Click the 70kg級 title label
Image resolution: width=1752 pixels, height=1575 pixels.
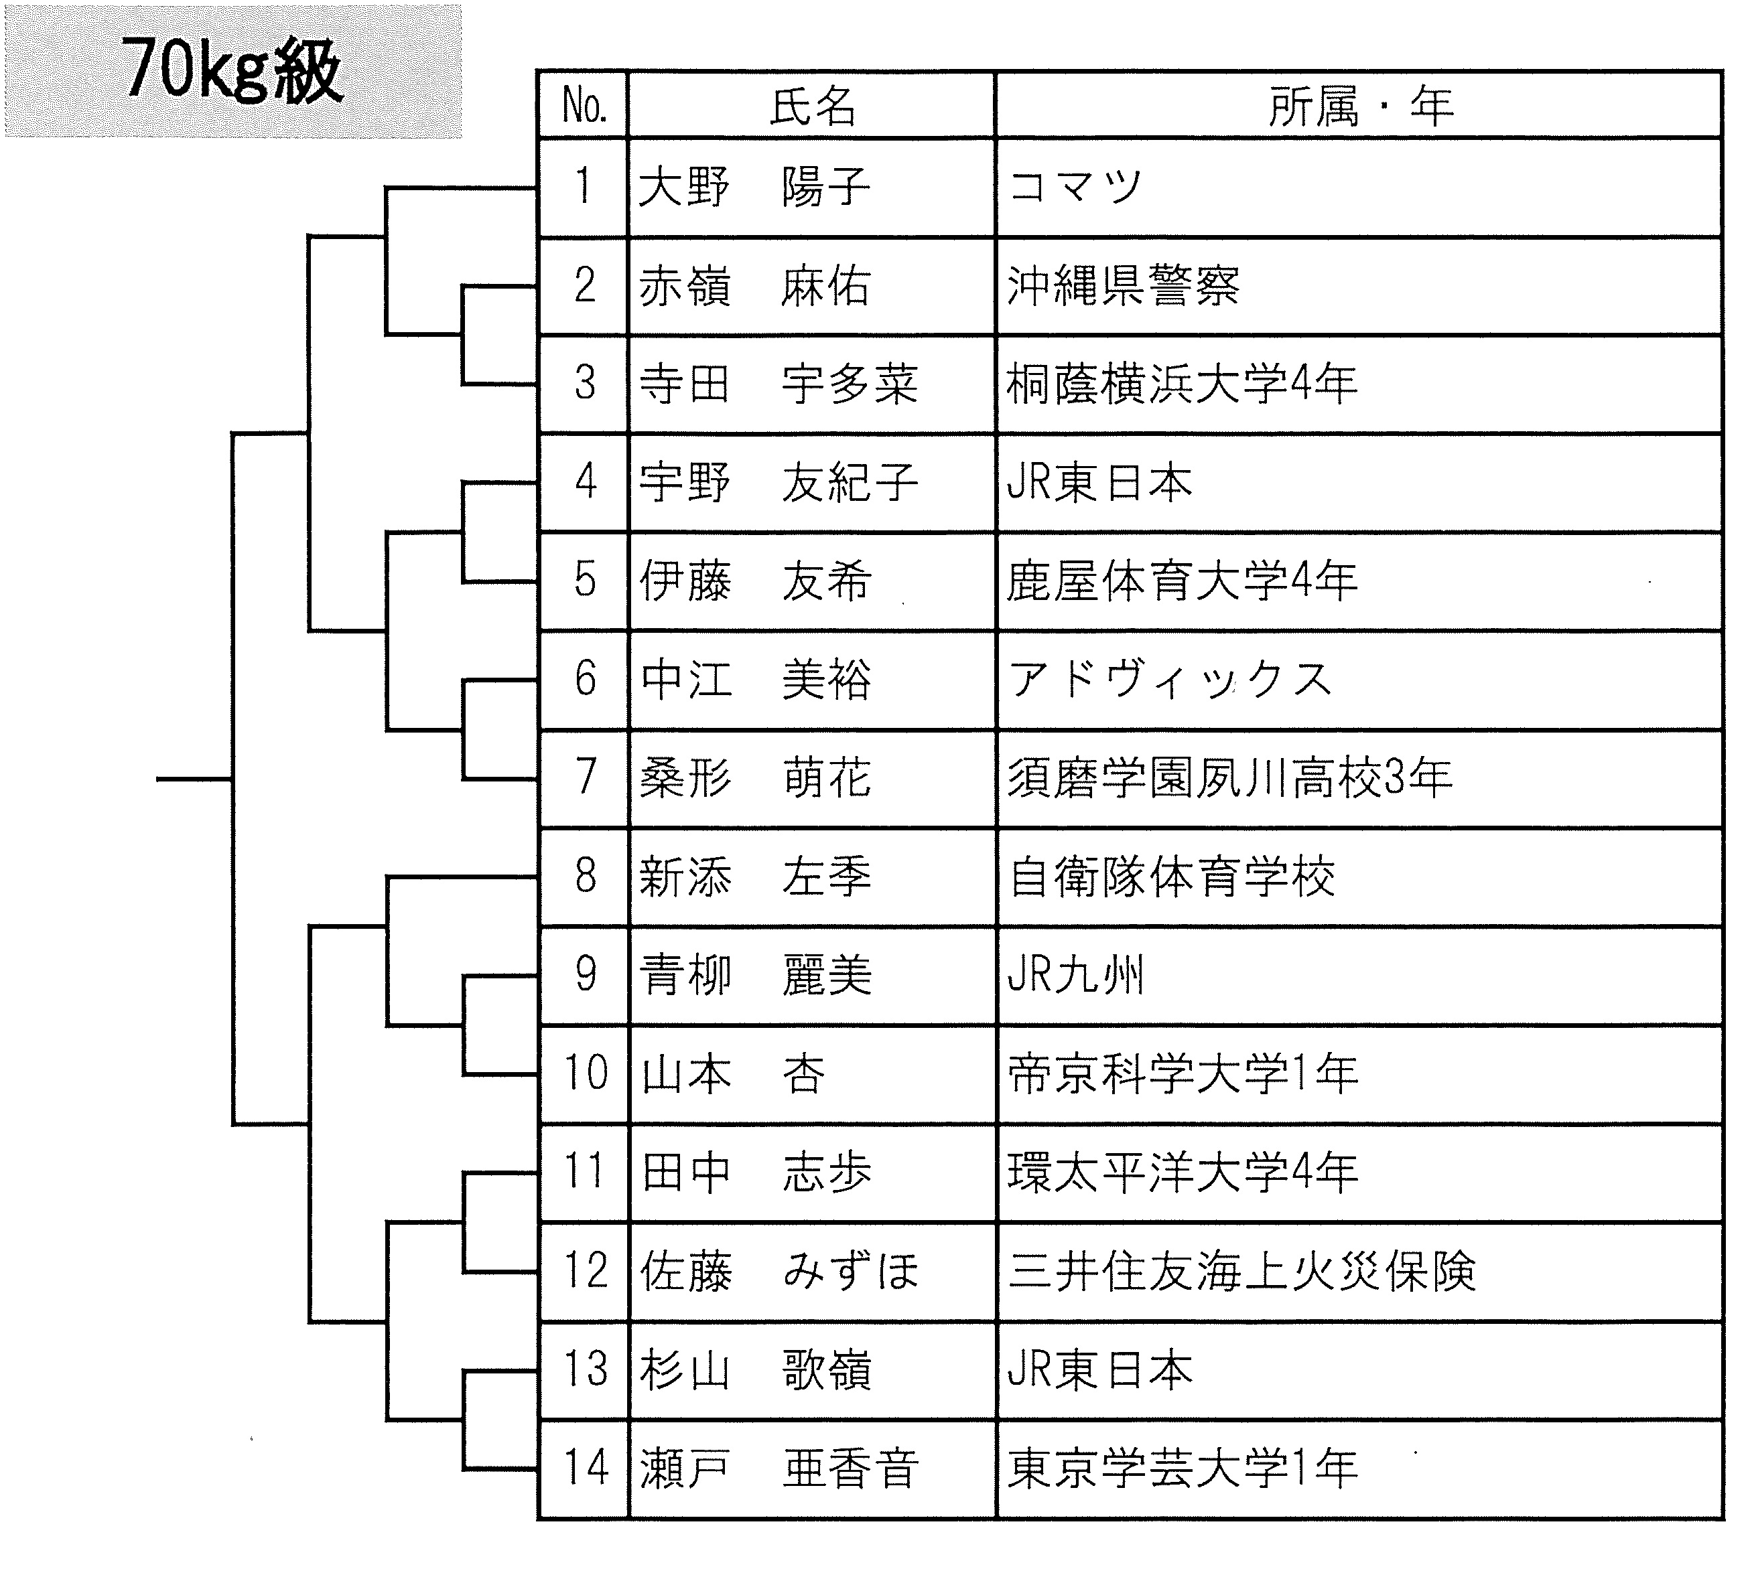click(232, 70)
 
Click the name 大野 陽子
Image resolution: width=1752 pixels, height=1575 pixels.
click(754, 187)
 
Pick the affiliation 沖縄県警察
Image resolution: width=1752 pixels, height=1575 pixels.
click(1124, 285)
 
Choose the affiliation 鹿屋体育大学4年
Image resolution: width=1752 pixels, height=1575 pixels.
click(1182, 581)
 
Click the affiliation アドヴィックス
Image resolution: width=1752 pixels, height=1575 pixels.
click(1169, 679)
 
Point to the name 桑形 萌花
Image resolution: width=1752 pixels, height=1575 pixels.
click(754, 777)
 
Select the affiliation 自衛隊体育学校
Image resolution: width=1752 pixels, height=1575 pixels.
click(1172, 877)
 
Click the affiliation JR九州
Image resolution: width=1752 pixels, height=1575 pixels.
click(1076, 974)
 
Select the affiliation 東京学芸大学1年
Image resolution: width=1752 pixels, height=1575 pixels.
click(1182, 1469)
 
